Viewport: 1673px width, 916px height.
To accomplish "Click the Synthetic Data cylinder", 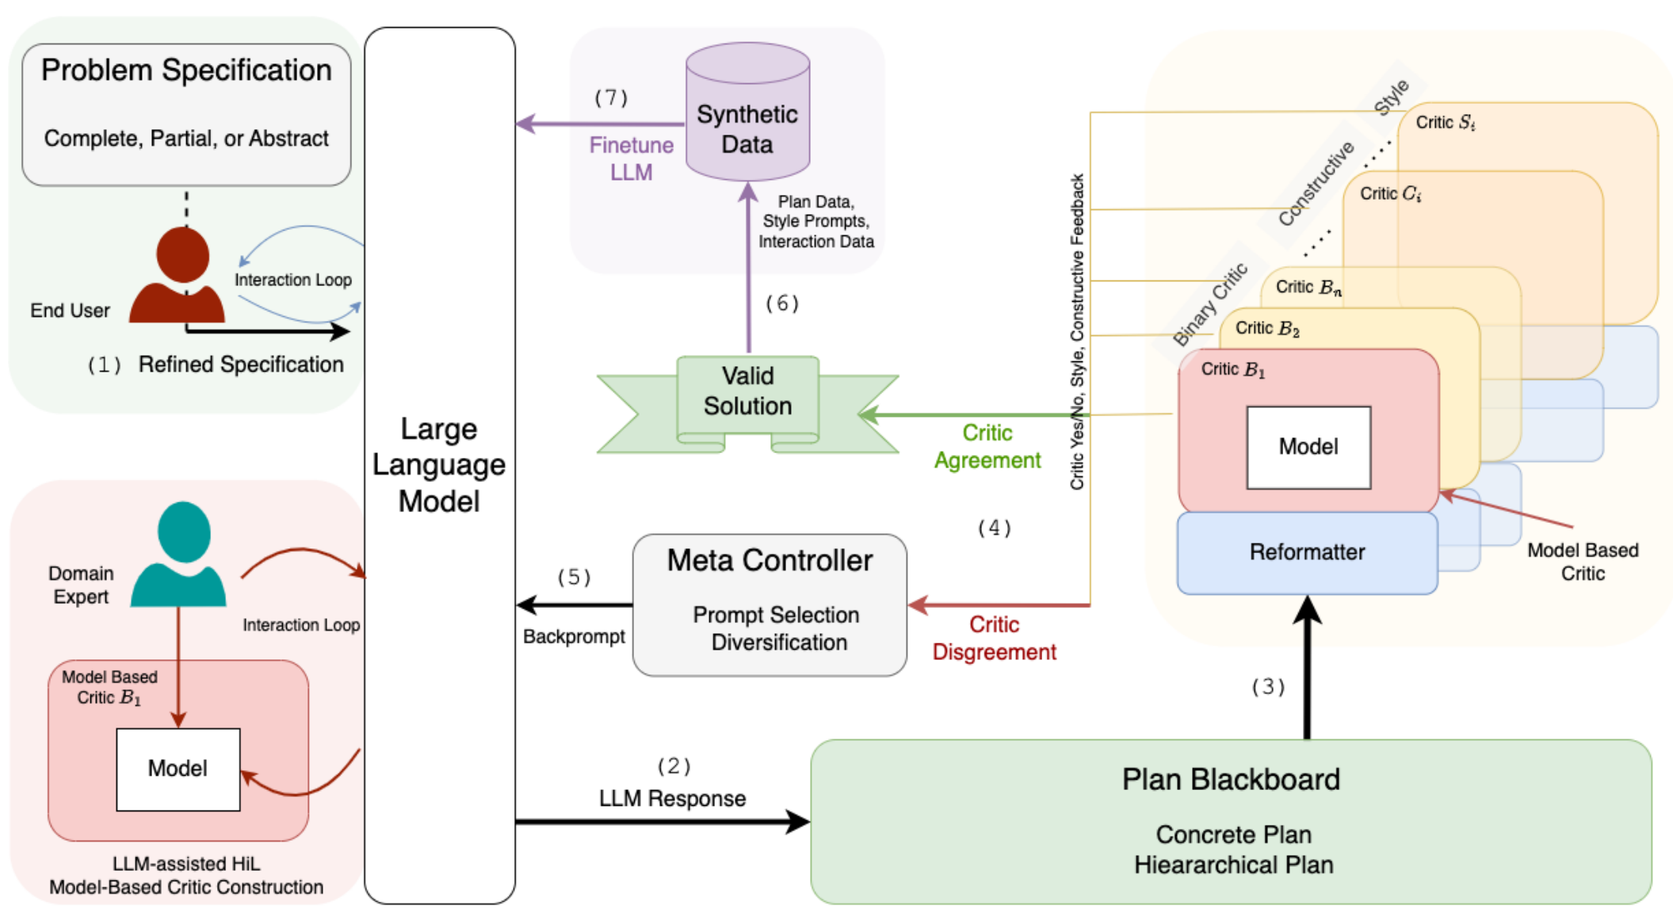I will [x=747, y=115].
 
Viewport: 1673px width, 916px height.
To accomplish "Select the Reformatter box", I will [x=1307, y=552].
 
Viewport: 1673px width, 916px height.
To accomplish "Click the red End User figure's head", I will [x=183, y=255].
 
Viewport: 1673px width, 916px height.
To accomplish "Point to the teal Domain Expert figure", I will [x=180, y=555].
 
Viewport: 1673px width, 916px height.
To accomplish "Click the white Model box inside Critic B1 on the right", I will [x=1308, y=447].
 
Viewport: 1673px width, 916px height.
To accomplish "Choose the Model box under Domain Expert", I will [x=178, y=769].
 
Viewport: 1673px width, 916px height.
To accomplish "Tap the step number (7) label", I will [x=611, y=98].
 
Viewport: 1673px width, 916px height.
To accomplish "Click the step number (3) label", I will [x=1268, y=687].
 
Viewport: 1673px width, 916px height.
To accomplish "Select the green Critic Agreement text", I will [x=987, y=447].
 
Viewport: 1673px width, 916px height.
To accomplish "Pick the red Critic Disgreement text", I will [x=994, y=639].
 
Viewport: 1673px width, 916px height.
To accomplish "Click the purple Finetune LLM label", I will [x=631, y=158].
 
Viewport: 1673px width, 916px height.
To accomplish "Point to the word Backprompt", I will [x=574, y=637].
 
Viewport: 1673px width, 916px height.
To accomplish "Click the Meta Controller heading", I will [x=769, y=561].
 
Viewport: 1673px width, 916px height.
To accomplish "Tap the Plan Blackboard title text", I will [x=1230, y=780].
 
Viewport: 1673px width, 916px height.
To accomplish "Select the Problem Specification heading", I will [x=186, y=71].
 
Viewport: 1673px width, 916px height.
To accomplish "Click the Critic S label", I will [x=1445, y=123].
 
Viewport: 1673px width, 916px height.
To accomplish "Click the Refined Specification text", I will [x=241, y=364].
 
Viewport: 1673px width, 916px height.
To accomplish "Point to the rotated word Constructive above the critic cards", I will [x=1316, y=184].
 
